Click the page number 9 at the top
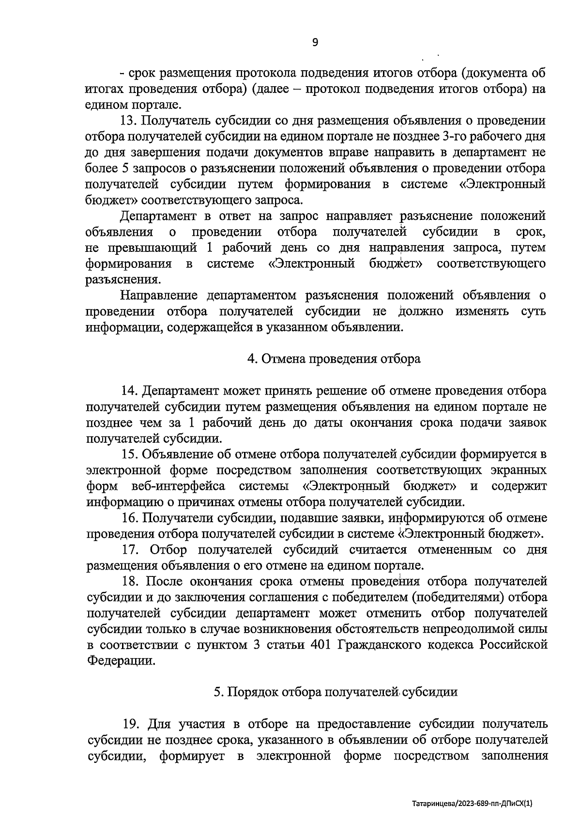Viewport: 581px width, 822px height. (315, 43)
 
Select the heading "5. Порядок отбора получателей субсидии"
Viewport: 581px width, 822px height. (336, 692)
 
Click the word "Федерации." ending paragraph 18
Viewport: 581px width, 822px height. (122, 661)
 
